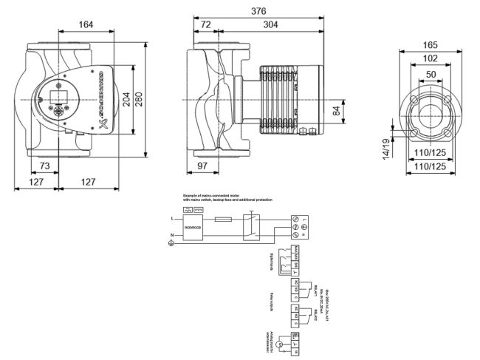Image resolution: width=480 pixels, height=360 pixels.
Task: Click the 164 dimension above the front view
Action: [x=86, y=25]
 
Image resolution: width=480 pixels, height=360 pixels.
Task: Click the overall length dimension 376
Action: [x=258, y=11]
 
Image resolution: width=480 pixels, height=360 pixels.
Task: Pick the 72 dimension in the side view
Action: [x=207, y=25]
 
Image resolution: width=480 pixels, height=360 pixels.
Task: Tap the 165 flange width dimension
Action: [x=430, y=45]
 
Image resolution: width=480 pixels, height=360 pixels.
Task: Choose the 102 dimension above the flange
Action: [x=430, y=59]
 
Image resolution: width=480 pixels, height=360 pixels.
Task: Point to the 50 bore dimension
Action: [x=430, y=73]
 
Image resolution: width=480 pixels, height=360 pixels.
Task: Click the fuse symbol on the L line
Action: [x=222, y=220]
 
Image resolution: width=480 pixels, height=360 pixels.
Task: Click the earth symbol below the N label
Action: [x=172, y=243]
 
